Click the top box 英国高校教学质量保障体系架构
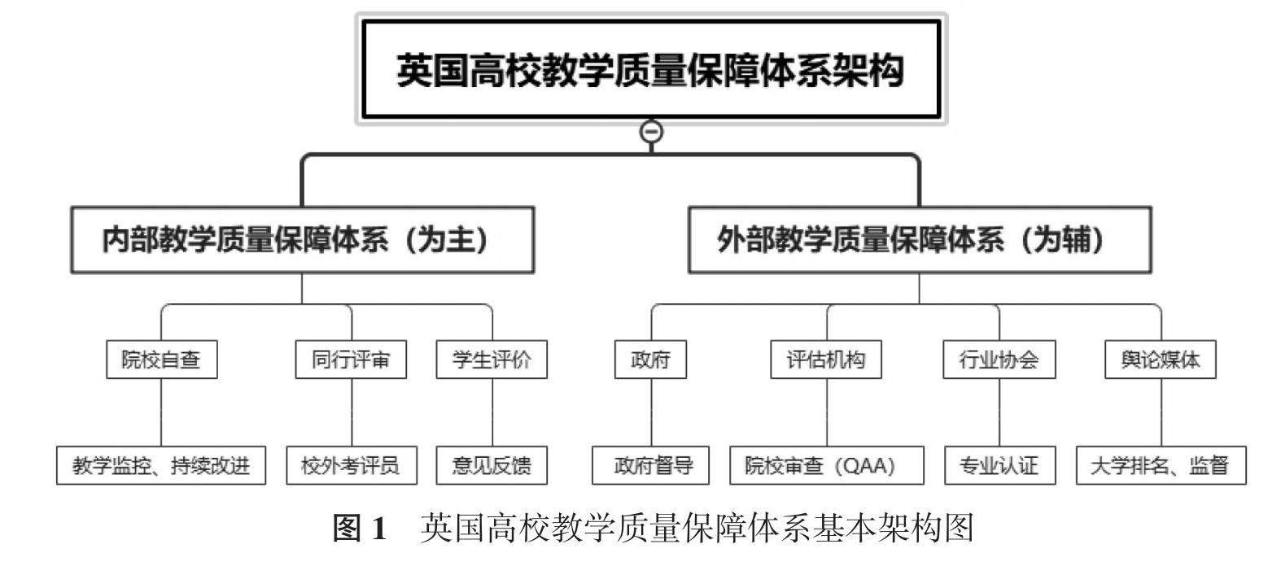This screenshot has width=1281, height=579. tap(650, 70)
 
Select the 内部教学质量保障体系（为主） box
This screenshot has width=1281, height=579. tap(302, 240)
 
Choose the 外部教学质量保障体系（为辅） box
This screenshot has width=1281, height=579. tap(920, 240)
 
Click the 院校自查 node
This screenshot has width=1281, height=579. tap(161, 359)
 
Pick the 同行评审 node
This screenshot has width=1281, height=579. tap(351, 359)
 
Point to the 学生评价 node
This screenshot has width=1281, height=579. tap(492, 359)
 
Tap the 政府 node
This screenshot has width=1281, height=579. tap(650, 359)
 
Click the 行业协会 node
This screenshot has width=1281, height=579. tap(999, 359)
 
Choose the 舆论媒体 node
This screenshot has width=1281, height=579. tap(1160, 359)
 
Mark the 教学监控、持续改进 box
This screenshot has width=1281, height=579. tap(161, 465)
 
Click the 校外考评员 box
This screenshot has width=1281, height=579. tap(351, 465)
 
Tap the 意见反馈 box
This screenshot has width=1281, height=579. tap(492, 465)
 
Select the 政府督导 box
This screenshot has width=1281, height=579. tap(651, 465)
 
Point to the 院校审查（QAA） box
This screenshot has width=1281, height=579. tap(826, 465)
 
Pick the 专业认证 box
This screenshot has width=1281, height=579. tap(999, 465)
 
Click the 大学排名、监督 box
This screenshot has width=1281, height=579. tap(1160, 465)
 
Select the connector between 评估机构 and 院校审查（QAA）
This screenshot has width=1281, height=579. tap(827, 411)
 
